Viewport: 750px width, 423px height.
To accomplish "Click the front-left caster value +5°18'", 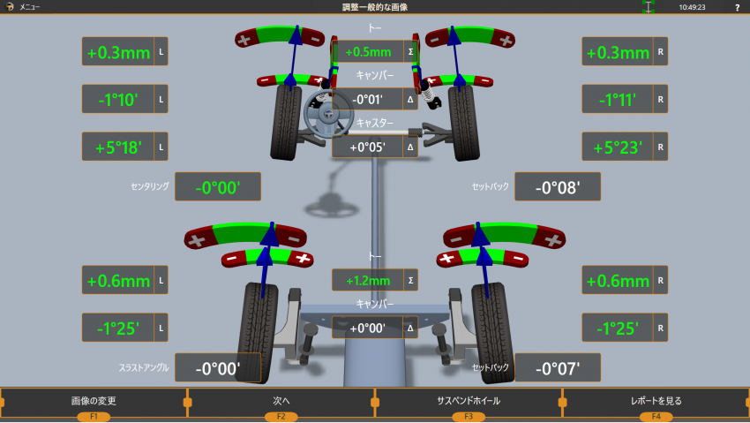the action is (118, 147).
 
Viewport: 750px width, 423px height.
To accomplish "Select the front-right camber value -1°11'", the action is (618, 100).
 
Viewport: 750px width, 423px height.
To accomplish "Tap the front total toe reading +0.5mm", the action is (368, 52).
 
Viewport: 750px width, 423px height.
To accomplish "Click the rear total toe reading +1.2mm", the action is (368, 281).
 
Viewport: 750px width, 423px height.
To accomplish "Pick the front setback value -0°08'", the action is (558, 187).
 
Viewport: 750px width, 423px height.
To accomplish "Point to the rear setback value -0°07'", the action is (558, 368).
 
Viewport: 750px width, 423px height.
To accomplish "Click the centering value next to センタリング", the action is (218, 187).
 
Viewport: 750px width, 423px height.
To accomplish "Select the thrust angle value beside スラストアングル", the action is (218, 368).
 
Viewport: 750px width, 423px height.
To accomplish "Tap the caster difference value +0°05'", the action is (368, 147).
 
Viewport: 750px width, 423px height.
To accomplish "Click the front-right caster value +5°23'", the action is (618, 147).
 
